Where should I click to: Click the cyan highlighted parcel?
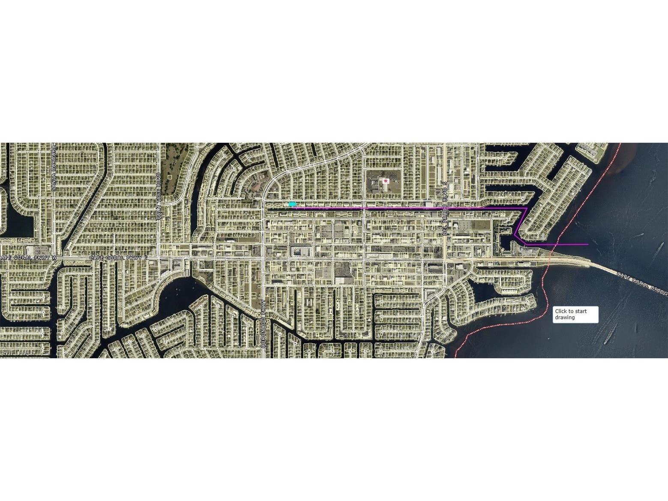coord(292,204)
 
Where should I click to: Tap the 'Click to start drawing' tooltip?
coord(575,315)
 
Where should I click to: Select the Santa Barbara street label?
coord(54,168)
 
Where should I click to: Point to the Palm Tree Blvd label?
coord(159,196)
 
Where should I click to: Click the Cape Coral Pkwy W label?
coord(29,258)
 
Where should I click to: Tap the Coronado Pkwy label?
coord(264,323)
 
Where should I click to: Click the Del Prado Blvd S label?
coord(445,207)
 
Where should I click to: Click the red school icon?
coord(386,181)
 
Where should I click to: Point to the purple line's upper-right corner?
coord(527,208)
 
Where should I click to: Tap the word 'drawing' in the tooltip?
coord(565,318)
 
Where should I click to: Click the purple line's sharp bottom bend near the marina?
coord(514,235)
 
